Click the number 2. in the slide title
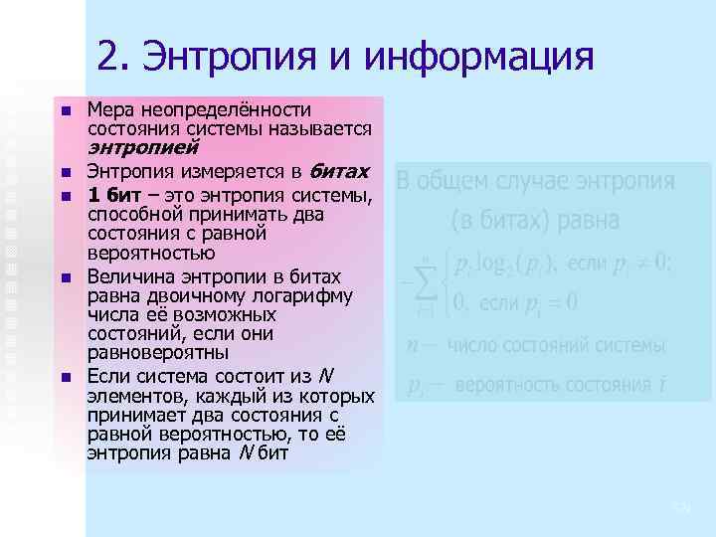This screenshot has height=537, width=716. pos(115,57)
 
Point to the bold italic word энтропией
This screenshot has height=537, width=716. pos(125,148)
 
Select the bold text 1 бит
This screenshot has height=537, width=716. pos(109,193)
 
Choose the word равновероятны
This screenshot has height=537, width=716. pos(158,353)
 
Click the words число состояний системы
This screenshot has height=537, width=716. pos(556,346)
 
